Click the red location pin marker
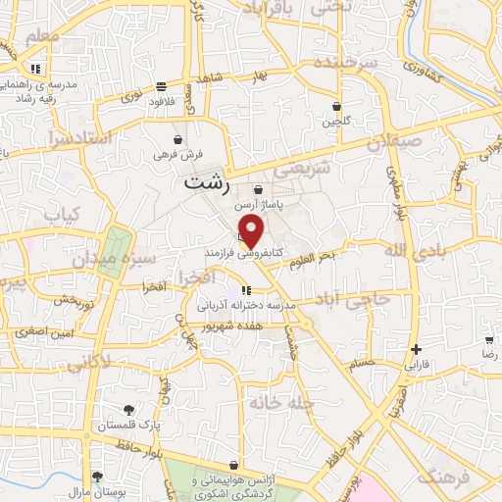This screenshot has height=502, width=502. [x=253, y=233]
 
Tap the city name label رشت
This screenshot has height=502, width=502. [x=207, y=183]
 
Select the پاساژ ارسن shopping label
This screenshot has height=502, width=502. [x=258, y=206]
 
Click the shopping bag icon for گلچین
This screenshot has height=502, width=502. [x=337, y=107]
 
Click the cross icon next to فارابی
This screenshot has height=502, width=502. [x=417, y=349]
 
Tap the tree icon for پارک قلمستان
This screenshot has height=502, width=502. [x=129, y=410]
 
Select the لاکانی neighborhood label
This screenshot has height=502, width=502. [x=93, y=362]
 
